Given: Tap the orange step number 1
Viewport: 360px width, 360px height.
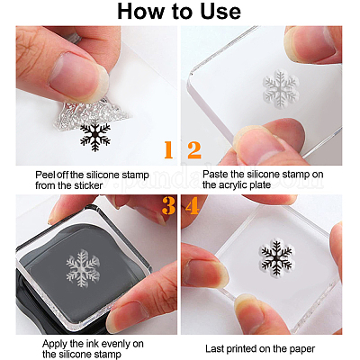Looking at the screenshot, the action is pos(168,150).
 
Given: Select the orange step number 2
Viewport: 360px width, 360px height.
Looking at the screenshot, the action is pos(194,150).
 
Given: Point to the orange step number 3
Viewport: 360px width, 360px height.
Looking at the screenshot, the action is pos(169,205).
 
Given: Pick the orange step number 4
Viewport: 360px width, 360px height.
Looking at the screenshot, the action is pos(193,205).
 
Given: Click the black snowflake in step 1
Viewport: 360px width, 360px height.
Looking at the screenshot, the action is pos(95,137).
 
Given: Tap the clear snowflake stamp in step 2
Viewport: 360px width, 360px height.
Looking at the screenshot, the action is pos(281,89).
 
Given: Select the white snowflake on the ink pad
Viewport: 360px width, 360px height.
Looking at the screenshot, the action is pos(82,268).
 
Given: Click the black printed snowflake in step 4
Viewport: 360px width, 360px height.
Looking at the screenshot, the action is pos(276,256).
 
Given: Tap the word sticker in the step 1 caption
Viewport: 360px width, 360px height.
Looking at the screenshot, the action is pos(88,185).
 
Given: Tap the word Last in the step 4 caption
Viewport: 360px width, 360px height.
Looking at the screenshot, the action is pos(214,349).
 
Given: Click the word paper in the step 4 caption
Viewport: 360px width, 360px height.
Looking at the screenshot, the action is pos(302,349).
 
